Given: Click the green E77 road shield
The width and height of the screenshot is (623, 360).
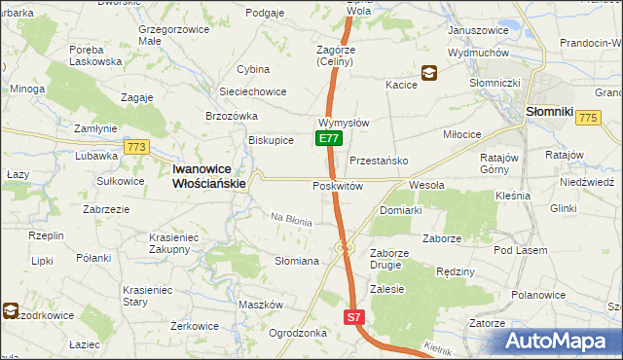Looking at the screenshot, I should pyautogui.click(x=328, y=139).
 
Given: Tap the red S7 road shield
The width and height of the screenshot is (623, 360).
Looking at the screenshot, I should pyautogui.click(x=355, y=317).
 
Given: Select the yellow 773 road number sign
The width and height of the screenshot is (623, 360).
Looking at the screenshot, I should pyautogui.click(x=135, y=147).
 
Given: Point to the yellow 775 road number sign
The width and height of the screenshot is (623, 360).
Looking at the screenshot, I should pyautogui.click(x=586, y=118).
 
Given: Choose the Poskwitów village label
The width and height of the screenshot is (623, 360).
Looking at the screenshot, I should pyautogui.click(x=337, y=186).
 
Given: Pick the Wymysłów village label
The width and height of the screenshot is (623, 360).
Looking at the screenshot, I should pyautogui.click(x=343, y=124).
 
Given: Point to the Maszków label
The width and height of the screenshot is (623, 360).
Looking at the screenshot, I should pyautogui.click(x=260, y=305).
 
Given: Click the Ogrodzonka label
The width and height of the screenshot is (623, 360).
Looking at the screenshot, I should pyautogui.click(x=297, y=332).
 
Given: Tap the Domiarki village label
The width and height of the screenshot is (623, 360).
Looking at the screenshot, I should pyautogui.click(x=400, y=210).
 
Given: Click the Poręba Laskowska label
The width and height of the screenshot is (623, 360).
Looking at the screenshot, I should pyautogui.click(x=95, y=54).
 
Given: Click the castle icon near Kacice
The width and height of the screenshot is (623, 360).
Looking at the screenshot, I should pyautogui.click(x=428, y=72).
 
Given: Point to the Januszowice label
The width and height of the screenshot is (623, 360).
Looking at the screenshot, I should pyautogui.click(x=479, y=30).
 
